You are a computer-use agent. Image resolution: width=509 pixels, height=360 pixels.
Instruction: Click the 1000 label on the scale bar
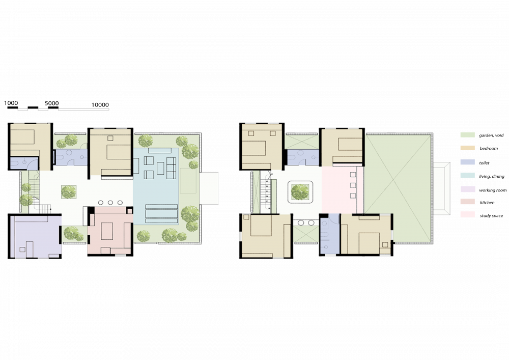coord(11,103)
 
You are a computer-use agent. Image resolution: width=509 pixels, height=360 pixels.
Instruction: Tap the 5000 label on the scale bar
coord(51,103)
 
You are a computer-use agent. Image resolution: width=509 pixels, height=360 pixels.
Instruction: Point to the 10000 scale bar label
coord(100,105)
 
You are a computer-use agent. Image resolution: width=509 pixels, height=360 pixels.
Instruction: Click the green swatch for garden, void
coord(467,135)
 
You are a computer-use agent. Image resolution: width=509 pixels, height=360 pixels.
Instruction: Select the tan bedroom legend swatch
coord(467,148)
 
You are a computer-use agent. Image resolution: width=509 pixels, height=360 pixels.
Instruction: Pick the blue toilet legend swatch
coord(467,162)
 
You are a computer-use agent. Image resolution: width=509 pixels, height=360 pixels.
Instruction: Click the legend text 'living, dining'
coord(492,176)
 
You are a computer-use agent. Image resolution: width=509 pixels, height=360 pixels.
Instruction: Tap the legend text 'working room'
coord(493,190)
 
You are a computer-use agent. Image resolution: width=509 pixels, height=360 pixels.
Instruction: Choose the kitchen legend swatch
coord(467,202)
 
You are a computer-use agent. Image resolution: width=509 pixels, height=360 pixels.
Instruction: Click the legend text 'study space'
coord(491,215)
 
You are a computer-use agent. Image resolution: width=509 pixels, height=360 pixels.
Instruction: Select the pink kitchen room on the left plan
coord(110,231)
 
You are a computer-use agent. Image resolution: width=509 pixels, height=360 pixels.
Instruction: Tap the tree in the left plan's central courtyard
coord(69,192)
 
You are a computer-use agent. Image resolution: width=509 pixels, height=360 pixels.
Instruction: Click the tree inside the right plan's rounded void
coord(300,192)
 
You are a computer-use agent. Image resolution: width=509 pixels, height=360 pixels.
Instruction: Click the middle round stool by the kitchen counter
coord(110,203)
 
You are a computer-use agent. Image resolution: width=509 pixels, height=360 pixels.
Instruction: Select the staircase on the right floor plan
coord(266,192)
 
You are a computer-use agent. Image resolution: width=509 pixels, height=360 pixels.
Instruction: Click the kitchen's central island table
coord(107,231)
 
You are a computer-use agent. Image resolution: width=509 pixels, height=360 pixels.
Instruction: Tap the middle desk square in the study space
coord(353,185)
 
